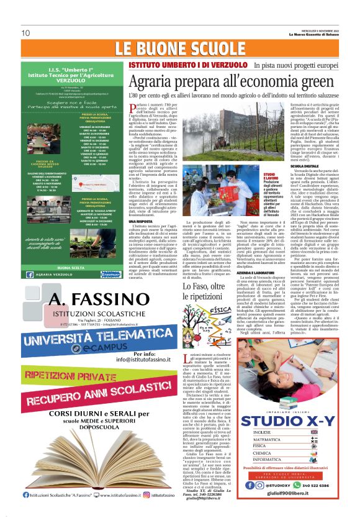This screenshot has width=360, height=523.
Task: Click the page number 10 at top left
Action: [25, 32]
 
